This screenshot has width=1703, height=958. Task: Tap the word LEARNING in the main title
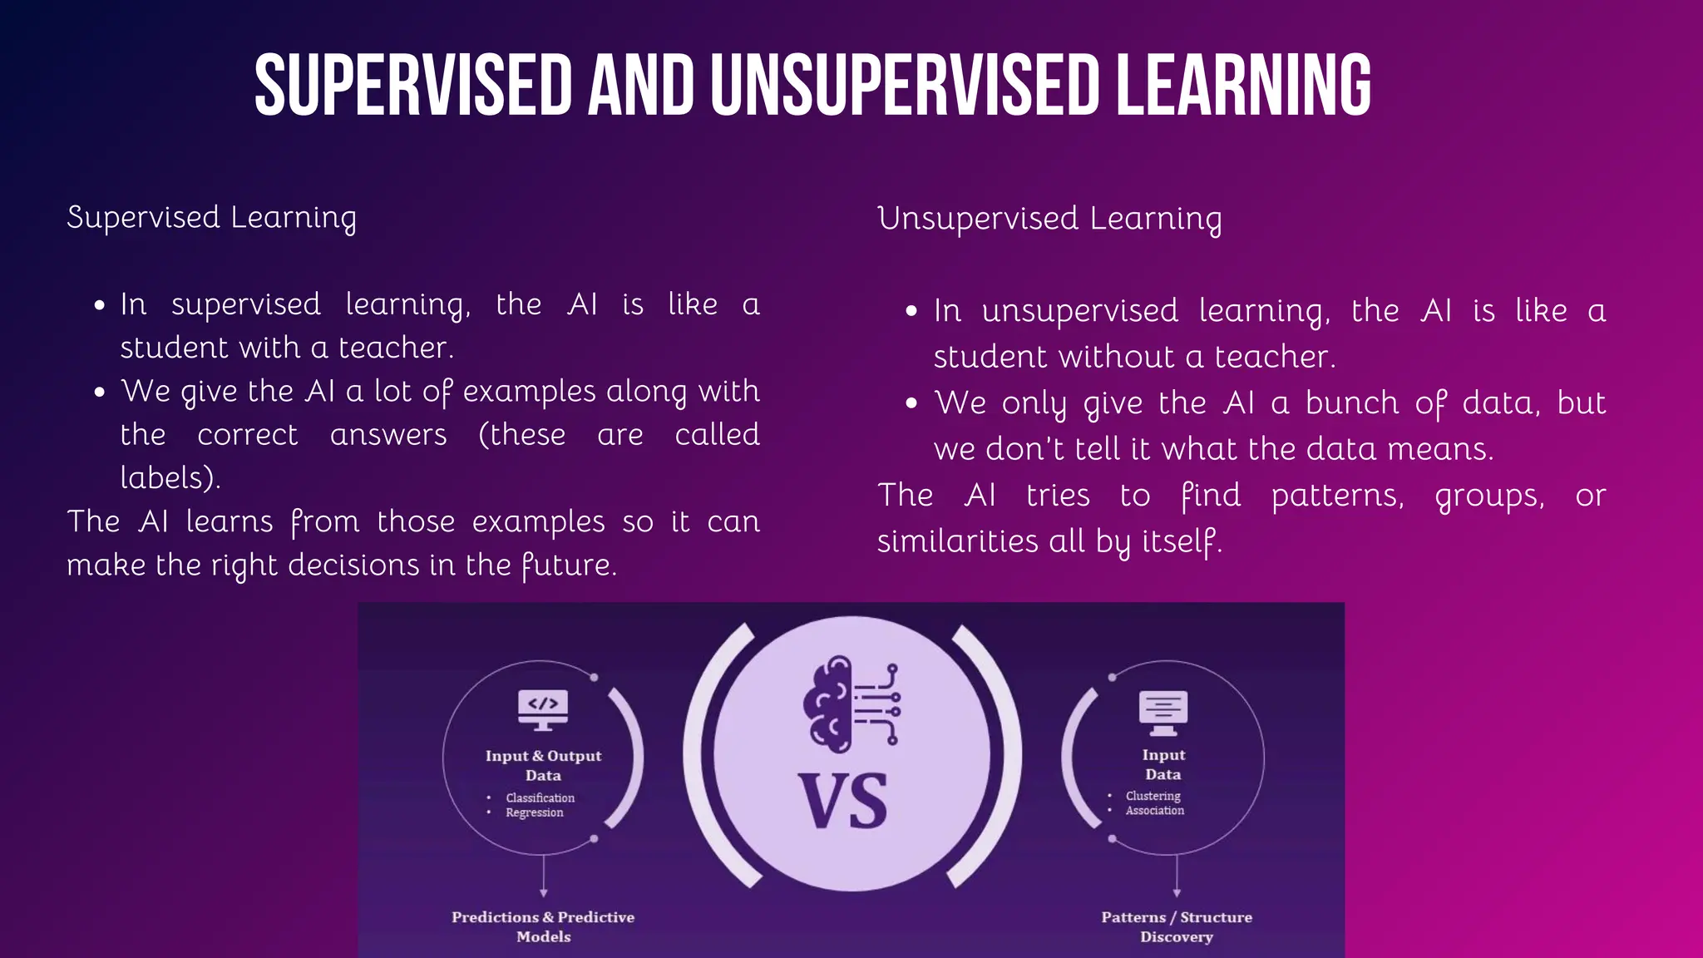click(x=1243, y=85)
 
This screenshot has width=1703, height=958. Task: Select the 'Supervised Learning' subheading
click(x=211, y=218)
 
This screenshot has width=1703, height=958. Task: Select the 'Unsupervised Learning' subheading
click(x=1049, y=219)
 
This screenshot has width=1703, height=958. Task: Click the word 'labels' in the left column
click(x=166, y=478)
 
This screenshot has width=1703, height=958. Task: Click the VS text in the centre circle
click(x=842, y=801)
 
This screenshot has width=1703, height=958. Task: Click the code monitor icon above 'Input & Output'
click(x=543, y=709)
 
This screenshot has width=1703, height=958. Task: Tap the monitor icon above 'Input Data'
click(x=1163, y=712)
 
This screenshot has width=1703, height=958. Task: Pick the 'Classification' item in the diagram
click(x=540, y=798)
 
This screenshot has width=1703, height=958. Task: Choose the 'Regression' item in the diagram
click(x=534, y=812)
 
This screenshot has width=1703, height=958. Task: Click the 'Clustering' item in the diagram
click(x=1153, y=796)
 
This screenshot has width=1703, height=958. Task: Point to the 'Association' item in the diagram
click(x=1154, y=811)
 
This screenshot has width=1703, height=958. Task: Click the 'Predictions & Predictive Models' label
click(x=543, y=926)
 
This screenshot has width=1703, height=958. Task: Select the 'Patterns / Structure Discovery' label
click(x=1177, y=926)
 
